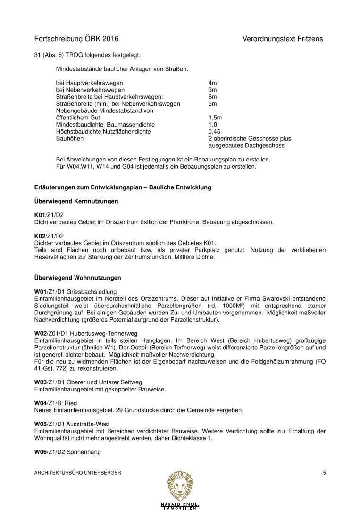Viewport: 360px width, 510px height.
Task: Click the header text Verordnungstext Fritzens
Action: (283, 39)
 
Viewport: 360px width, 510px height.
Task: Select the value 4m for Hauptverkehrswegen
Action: (212, 83)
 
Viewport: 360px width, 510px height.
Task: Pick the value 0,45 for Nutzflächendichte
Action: (214, 132)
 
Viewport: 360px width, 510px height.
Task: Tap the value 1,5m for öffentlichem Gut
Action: (215, 117)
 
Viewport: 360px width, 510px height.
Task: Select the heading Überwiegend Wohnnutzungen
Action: (78, 277)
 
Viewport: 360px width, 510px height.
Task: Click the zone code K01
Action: (40, 215)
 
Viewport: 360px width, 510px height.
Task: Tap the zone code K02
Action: (40, 236)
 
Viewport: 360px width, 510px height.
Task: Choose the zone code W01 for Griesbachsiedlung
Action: (41, 291)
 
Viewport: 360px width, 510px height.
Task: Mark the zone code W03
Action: (41, 382)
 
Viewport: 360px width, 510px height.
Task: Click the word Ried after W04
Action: (71, 403)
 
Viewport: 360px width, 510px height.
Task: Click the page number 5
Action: (324, 472)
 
